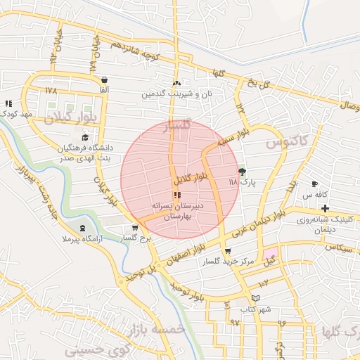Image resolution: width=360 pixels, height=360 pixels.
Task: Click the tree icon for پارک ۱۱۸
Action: point(243,171)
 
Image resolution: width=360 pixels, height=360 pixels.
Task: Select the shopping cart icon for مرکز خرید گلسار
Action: point(228,252)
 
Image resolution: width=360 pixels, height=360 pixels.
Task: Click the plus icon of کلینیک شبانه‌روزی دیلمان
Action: point(325,208)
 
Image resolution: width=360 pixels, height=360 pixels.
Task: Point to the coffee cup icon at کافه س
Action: point(314,184)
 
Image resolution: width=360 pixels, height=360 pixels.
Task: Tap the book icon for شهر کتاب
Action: point(245,297)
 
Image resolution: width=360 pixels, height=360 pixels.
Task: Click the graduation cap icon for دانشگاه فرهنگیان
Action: point(85,137)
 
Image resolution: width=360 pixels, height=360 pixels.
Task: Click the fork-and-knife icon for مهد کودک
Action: point(8,103)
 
